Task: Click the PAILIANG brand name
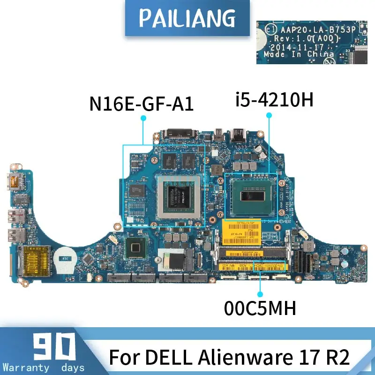[x=187, y=18]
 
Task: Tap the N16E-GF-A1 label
[x=142, y=103]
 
